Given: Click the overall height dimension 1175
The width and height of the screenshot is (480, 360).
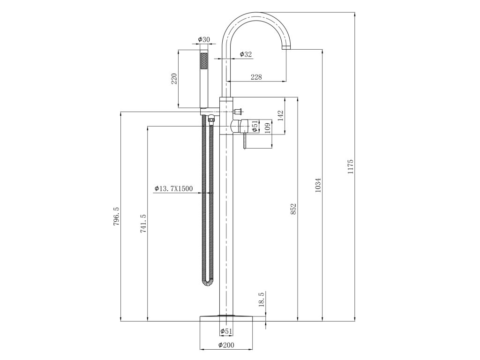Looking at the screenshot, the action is (x=350, y=167).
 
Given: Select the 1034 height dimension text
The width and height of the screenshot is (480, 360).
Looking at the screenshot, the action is (x=318, y=186).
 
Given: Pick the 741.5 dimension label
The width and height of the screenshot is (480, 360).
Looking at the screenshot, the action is (x=143, y=224).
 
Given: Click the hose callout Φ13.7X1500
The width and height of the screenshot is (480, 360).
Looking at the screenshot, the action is (x=173, y=188).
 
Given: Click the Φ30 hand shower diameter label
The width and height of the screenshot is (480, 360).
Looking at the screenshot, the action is (x=203, y=39).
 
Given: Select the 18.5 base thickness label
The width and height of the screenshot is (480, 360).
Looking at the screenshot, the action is (x=262, y=299).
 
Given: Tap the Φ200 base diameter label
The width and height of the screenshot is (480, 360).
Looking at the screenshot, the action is (x=226, y=346).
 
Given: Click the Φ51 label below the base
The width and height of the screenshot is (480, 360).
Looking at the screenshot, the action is (x=226, y=331).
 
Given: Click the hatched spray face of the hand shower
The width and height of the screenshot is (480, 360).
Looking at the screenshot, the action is (x=204, y=61).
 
